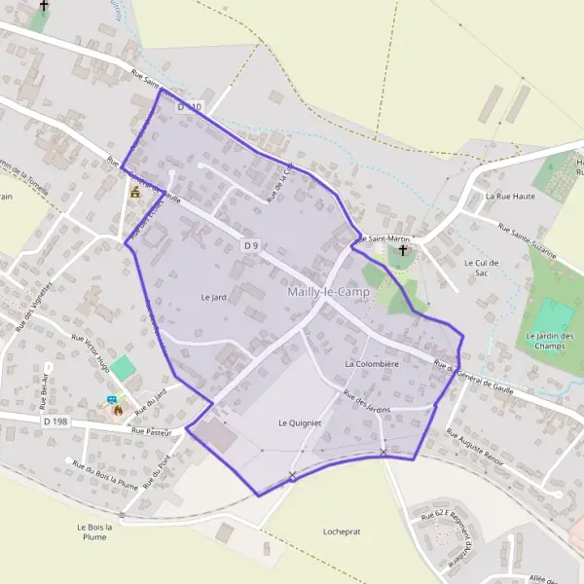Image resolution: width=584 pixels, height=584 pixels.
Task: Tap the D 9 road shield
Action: point(251,246)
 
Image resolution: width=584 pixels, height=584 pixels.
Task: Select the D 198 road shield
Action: point(54,420)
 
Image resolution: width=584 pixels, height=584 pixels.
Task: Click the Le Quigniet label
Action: point(299,422)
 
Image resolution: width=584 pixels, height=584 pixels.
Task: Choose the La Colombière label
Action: point(372,363)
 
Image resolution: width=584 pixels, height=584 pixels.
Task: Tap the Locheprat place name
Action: point(342,531)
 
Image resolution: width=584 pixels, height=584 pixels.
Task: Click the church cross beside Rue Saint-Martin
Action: point(404,251)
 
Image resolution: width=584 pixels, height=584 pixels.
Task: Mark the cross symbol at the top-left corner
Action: point(43,6)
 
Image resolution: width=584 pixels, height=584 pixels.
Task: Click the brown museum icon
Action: point(134,194)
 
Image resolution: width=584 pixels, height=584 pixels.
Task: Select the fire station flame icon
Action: point(119,410)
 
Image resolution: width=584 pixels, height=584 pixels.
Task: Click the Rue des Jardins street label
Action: point(366,401)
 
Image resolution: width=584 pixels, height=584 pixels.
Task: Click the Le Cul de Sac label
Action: point(481,268)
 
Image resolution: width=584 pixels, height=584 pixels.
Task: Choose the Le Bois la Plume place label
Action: point(94,531)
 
